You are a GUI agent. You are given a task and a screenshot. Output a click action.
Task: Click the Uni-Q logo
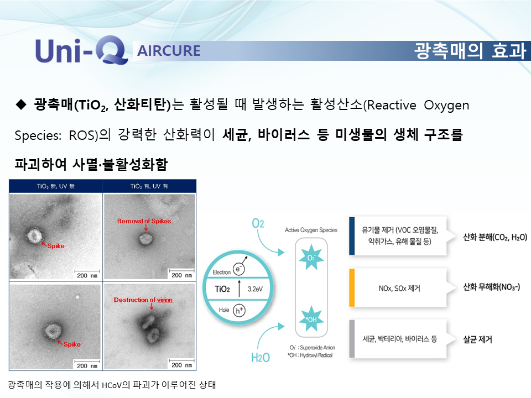tap(82, 50)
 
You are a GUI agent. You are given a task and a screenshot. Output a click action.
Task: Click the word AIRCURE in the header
tap(169, 51)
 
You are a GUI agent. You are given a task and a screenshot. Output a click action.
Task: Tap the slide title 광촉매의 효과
tap(470, 51)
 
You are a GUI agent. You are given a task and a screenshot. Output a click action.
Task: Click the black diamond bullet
tap(21, 104)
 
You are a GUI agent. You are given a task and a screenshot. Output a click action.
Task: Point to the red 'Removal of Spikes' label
tap(144, 221)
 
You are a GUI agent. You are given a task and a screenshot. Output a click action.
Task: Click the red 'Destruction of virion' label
tap(143, 300)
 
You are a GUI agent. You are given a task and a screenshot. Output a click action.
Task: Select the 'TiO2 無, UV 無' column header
tap(55, 186)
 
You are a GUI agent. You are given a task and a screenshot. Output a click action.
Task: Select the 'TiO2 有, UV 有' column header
tap(149, 186)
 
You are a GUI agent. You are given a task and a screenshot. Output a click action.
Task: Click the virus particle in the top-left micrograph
tap(34, 235)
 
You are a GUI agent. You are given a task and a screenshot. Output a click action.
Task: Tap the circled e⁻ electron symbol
tap(238, 269)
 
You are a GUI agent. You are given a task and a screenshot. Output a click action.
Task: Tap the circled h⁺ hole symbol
tap(239, 310)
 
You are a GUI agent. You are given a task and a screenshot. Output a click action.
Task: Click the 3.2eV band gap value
tap(255, 289)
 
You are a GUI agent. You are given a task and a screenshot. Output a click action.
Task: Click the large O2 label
tap(258, 223)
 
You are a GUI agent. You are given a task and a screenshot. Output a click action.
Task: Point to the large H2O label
tap(261, 358)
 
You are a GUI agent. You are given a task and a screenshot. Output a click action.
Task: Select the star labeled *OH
tap(311, 319)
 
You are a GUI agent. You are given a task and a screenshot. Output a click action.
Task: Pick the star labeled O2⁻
tap(311, 258)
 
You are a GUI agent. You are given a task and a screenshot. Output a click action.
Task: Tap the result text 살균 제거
tap(477, 339)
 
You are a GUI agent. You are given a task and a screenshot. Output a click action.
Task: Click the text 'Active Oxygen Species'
tap(311, 230)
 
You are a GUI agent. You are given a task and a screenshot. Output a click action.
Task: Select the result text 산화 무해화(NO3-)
tap(491, 287)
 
